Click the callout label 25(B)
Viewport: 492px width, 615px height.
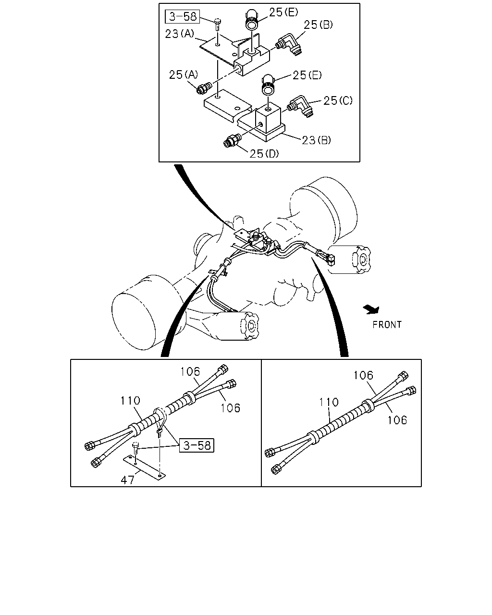318,25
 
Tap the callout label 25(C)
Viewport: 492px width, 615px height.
338,100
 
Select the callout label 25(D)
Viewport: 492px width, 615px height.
264,154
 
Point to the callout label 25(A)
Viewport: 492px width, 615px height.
183,75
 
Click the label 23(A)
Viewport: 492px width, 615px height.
180,34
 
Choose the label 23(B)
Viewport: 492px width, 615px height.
316,140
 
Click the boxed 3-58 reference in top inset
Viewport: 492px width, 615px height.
183,16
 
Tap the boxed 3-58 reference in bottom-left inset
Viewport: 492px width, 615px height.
197,445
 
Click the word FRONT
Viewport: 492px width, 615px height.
387,325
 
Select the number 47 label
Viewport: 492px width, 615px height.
127,480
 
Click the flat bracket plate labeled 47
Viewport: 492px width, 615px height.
144,468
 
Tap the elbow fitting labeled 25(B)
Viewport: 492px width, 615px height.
289,44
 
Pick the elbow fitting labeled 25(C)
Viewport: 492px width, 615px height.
301,107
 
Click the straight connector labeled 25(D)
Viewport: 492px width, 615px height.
232,140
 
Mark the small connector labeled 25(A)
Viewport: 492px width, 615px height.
204,87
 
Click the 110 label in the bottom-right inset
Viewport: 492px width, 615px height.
329,402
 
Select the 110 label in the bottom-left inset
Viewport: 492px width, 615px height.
130,401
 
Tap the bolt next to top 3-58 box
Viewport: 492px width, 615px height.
217,25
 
